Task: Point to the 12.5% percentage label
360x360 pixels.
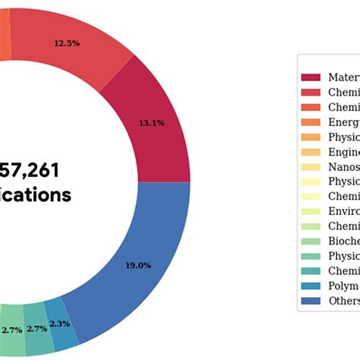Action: pos(67,43)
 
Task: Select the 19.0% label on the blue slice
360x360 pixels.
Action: pos(138,245)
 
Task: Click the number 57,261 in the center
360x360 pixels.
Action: pos(30,169)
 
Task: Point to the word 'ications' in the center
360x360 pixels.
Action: pos(35,195)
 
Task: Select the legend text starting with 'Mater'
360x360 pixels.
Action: pos(343,77)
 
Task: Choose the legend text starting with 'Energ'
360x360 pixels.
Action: pos(343,122)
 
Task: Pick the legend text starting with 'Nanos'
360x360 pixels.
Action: pos(343,166)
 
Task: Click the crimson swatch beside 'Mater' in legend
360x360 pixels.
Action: pos(311,77)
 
